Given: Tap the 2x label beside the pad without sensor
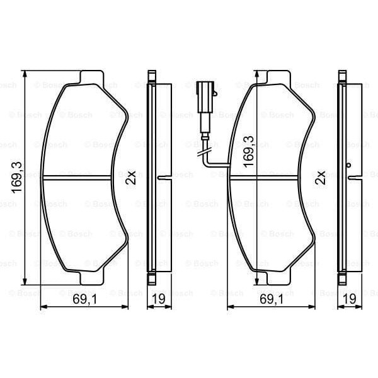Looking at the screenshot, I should (131, 177).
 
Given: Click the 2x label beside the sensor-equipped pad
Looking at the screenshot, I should (319, 177).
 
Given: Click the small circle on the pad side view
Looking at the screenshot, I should (348, 166).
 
